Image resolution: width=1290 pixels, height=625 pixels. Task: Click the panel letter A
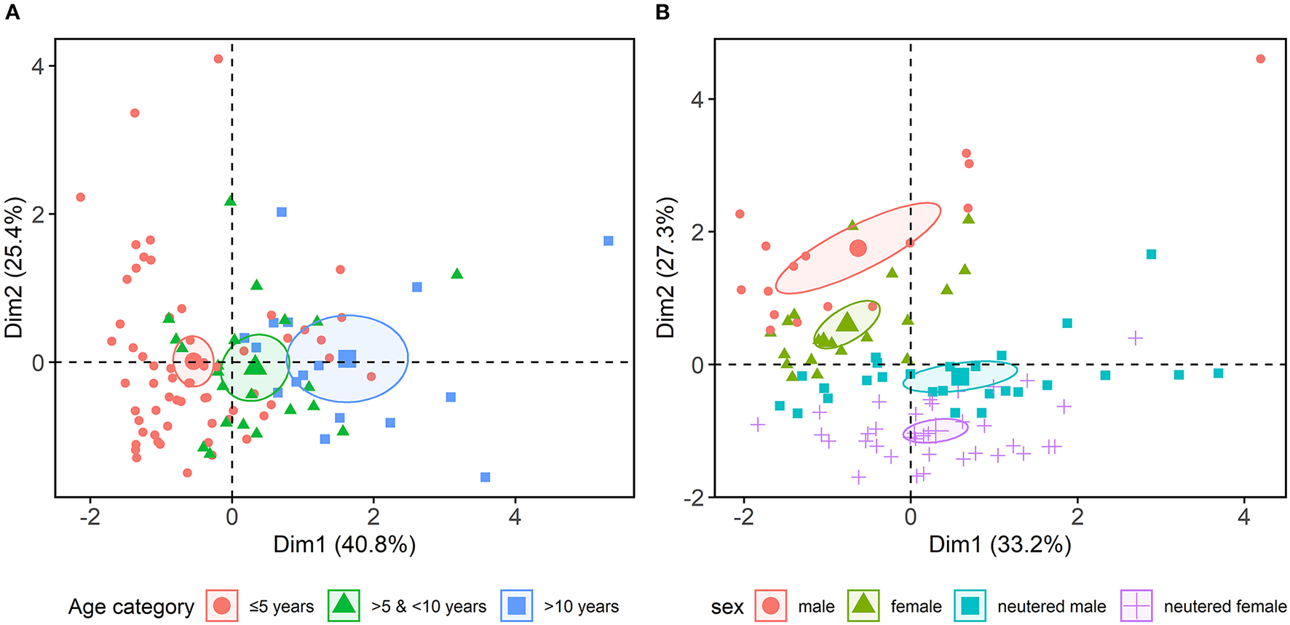[12, 12]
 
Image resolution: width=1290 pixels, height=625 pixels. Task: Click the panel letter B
[662, 12]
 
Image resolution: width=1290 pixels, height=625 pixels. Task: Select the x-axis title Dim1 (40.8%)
[344, 544]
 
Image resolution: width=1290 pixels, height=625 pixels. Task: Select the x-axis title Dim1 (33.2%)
[1000, 544]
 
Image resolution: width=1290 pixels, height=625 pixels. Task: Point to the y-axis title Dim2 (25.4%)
[15, 268]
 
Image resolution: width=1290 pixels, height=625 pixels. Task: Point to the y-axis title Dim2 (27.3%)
[665, 268]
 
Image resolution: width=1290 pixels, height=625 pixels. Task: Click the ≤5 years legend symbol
[222, 605]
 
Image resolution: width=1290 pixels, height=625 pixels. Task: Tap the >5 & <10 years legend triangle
[344, 605]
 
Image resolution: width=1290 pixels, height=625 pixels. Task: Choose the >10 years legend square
[517, 605]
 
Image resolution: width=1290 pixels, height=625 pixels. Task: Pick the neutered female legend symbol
[1137, 605]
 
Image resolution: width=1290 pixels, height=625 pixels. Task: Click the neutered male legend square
[970, 605]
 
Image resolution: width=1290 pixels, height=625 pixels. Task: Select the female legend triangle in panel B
[863, 605]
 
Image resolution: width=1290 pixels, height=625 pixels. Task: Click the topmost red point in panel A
[218, 59]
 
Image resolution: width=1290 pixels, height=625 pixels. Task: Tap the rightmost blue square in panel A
[609, 241]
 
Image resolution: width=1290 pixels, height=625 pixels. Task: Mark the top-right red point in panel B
[1261, 59]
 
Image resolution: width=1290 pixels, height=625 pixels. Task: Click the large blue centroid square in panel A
[347, 358]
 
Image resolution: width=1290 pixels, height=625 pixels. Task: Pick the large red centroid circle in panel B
[858, 248]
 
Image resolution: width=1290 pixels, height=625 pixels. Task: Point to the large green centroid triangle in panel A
[255, 365]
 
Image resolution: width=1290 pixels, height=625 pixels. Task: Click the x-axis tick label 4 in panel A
[515, 517]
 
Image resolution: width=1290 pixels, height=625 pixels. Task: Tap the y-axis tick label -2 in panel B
[697, 498]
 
